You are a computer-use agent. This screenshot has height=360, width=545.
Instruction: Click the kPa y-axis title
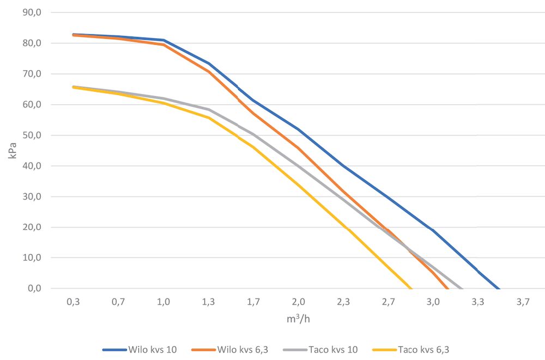(x=12, y=151)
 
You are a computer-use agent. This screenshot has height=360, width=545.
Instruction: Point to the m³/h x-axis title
(x=298, y=319)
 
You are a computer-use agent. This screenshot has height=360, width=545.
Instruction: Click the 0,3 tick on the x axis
(x=74, y=301)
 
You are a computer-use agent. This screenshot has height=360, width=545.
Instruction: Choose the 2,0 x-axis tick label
(x=298, y=301)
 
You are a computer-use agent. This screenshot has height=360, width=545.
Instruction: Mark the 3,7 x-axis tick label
(x=523, y=301)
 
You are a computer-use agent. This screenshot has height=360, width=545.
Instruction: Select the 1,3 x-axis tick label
(x=208, y=301)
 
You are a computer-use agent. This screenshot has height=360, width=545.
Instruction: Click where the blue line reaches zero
(x=499, y=288)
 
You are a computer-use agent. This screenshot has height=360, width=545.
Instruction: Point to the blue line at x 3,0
(x=433, y=230)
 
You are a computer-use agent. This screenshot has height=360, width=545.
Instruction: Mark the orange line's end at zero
(x=447, y=288)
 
